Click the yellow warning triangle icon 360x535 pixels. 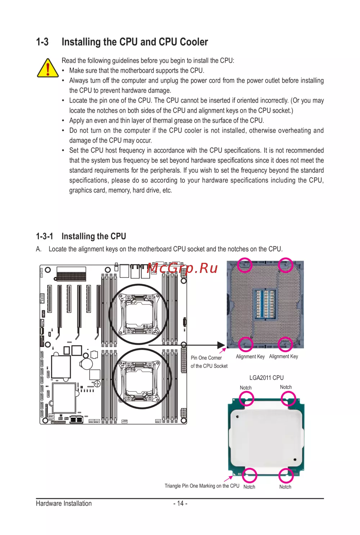coord(48,68)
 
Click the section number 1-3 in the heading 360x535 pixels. coord(42,42)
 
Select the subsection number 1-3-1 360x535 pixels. coord(44,236)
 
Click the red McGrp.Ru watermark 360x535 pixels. coord(182,268)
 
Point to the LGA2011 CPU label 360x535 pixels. coord(266,378)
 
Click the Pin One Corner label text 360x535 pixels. coord(206,358)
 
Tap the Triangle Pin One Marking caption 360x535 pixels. coord(202,486)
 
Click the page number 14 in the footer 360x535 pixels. coord(180,503)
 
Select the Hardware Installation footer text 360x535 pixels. coord(64,503)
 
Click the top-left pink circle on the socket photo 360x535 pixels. coord(244,265)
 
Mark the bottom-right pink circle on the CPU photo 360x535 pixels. coord(286,475)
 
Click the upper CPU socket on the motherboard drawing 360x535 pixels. coord(139,314)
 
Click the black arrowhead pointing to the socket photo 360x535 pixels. coord(221,345)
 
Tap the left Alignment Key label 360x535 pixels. coord(250,356)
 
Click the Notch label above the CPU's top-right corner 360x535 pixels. coord(286,387)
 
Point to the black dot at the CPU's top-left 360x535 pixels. coord(238,417)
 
